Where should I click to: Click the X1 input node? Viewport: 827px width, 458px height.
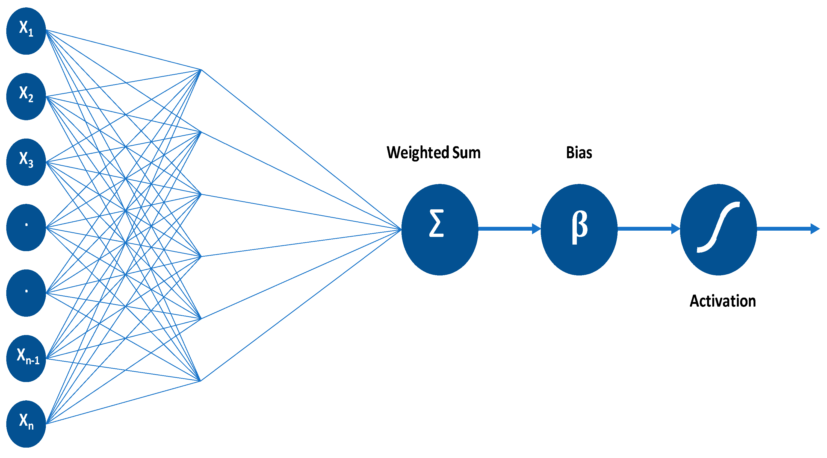point(26,31)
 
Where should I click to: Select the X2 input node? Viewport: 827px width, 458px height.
point(26,96)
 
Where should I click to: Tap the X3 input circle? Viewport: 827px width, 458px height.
point(26,162)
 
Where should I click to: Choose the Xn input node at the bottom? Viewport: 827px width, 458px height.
point(26,424)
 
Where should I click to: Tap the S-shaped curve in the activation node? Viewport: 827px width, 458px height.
point(719,227)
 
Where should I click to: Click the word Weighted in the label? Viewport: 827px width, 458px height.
point(418,152)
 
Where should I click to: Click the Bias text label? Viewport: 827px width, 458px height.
point(579,152)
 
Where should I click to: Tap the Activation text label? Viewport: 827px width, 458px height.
point(723,301)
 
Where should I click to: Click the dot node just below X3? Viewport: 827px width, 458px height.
point(26,227)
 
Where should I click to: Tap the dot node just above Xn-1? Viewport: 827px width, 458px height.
point(26,293)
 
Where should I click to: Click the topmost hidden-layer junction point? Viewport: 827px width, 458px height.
point(201,70)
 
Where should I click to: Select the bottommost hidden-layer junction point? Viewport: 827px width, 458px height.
point(201,381)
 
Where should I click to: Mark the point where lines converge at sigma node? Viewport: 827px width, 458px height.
point(401,229)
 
